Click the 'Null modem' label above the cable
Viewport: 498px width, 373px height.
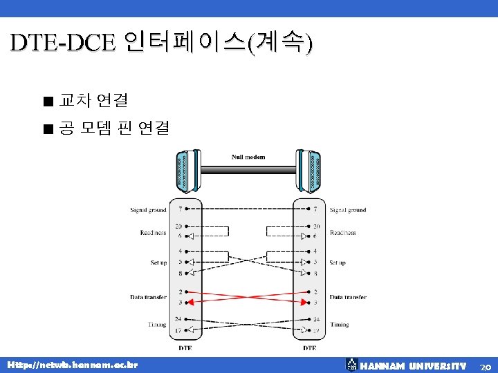tap(248, 157)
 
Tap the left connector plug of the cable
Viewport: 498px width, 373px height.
tap(184, 171)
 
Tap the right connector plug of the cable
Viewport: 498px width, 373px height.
tap(313, 171)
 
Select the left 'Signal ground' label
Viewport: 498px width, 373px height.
tap(148, 209)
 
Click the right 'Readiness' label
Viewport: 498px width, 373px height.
tap(342, 233)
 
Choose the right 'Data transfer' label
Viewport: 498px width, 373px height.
tap(348, 297)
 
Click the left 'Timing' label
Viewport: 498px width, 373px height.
tap(156, 324)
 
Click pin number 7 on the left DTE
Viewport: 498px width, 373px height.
tap(181, 209)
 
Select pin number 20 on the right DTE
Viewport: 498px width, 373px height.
tap(316, 226)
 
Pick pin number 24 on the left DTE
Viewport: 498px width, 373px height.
tap(179, 318)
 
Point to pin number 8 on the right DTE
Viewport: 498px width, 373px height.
tap(315, 274)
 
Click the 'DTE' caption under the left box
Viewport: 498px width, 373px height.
tap(185, 348)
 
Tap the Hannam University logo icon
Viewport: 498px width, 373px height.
tap(351, 365)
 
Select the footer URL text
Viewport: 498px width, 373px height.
tap(72, 364)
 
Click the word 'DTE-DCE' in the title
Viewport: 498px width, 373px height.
tap(63, 43)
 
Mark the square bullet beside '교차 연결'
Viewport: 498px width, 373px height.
tap(46, 102)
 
